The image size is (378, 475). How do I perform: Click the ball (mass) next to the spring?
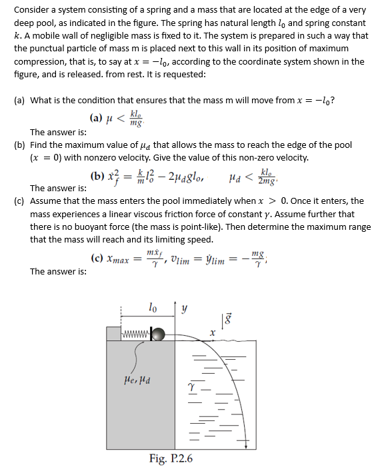(x=158, y=333)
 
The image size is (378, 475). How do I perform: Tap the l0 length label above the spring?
(x=153, y=307)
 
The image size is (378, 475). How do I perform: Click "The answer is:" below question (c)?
(x=58, y=272)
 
